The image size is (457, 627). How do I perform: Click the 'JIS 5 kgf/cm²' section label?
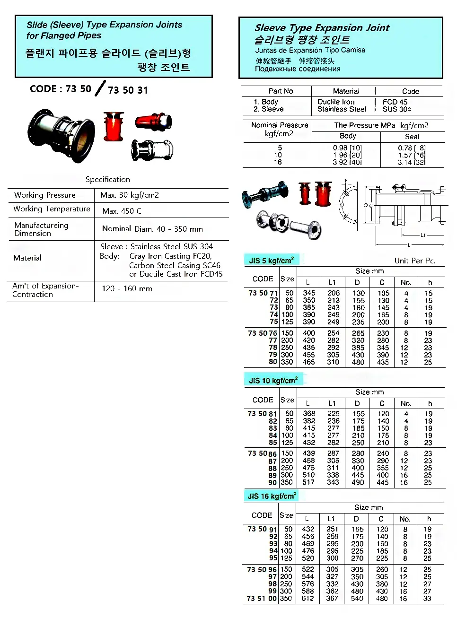(271, 260)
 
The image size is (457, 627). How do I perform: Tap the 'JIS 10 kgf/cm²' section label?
(273, 380)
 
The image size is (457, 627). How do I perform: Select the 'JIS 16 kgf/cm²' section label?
(272, 496)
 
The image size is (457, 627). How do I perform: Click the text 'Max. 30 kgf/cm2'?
(130, 195)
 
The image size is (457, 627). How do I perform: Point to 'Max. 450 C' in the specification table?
(122, 211)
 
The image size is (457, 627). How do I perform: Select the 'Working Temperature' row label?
(52, 209)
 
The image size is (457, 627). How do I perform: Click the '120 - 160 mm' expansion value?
(127, 288)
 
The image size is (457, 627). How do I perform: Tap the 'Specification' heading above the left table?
(108, 179)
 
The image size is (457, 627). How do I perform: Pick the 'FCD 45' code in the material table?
(395, 102)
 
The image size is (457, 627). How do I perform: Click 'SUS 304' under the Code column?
(396, 109)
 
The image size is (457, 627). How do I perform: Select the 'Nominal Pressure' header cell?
(280, 125)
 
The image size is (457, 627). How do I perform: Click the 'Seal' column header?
(412, 136)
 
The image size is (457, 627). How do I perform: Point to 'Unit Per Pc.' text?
(415, 261)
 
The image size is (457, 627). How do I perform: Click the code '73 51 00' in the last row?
(262, 598)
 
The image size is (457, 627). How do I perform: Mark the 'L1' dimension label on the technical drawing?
(423, 235)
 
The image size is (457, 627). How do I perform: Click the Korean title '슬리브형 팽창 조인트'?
(302, 40)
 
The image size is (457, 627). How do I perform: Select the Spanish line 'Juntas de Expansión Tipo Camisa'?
(310, 50)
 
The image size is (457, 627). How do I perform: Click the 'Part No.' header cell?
(281, 91)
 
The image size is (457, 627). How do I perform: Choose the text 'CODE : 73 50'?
(60, 89)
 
